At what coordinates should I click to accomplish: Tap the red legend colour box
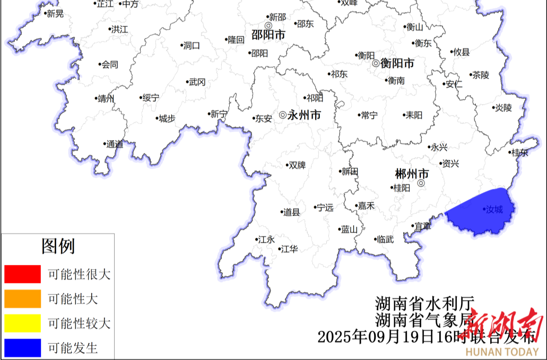22,274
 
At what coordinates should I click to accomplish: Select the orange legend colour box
22,298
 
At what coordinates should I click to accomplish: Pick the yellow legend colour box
22,323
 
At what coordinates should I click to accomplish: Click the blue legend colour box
22,347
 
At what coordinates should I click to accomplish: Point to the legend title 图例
58,246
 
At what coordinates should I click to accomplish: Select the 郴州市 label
412,174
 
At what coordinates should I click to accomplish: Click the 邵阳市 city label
268,35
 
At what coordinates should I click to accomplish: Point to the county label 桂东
519,152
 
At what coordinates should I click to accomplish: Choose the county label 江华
289,248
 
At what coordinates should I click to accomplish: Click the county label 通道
114,144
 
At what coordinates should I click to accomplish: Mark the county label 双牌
297,165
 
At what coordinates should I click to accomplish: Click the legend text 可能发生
73,348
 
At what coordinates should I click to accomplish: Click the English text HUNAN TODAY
502,352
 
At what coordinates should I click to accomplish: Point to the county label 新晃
55,14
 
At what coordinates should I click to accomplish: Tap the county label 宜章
422,226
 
